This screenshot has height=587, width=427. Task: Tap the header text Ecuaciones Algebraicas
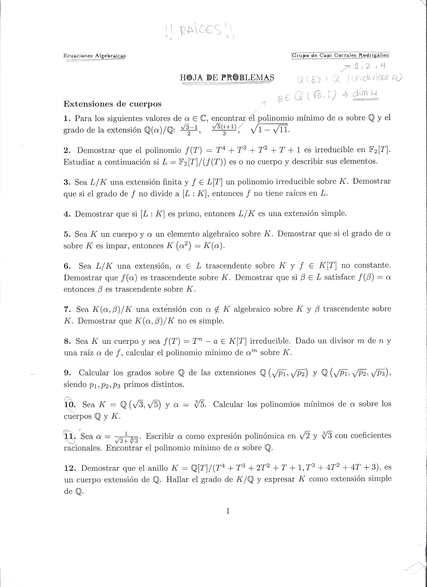point(94,56)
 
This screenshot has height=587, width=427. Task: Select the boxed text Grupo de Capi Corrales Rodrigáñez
point(340,55)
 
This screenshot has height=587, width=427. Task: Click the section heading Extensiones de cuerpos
point(112,104)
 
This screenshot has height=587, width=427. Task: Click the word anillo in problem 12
point(154,468)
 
